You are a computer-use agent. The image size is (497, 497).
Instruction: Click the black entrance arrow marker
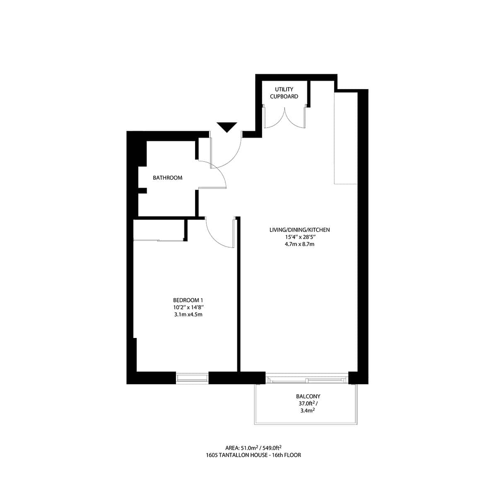tap(227, 127)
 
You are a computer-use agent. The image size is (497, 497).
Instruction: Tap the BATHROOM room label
tap(168, 178)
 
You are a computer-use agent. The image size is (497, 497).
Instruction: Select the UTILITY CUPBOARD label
tap(284, 93)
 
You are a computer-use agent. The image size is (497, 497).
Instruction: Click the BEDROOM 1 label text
tap(188, 300)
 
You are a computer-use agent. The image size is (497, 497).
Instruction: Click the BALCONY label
tap(308, 396)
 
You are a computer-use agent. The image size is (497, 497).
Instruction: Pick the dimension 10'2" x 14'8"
tap(189, 307)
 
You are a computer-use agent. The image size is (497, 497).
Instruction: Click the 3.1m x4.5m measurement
tap(189, 315)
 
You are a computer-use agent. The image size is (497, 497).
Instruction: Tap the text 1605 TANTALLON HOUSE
tap(240, 455)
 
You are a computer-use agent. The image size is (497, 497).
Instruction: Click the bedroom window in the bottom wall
tap(192, 377)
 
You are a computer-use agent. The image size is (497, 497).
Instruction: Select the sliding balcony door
tap(306, 379)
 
